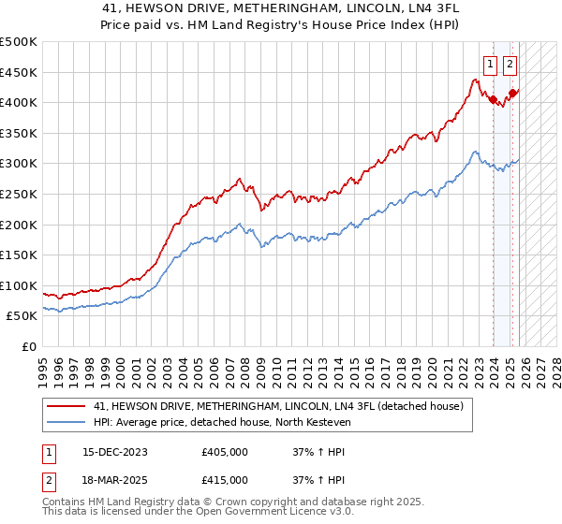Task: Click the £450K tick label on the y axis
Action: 19,72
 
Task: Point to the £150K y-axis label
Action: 19,255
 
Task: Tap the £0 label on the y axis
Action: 28,346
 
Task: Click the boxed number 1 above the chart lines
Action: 490,65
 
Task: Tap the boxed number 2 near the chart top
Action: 510,65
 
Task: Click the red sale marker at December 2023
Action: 493,99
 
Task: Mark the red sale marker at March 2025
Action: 512,93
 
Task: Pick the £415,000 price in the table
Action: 225,480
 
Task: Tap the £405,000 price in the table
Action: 225,452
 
